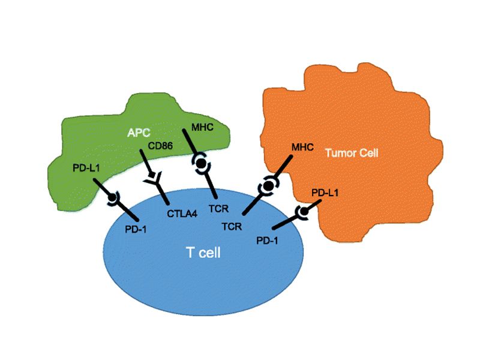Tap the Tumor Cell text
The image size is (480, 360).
tap(352, 153)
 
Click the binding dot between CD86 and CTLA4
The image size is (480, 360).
tap(154, 179)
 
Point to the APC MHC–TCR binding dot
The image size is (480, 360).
tap(202, 163)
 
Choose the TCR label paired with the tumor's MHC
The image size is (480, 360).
tap(231, 226)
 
